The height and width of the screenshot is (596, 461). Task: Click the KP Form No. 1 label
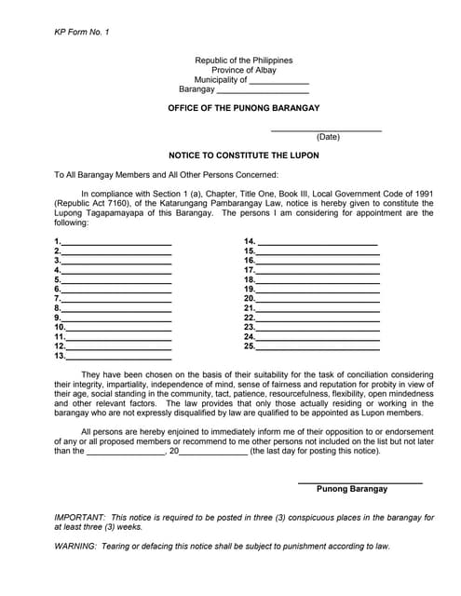(x=82, y=33)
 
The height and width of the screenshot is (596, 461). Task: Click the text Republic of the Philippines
(x=243, y=61)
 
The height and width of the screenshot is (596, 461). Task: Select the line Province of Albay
(x=243, y=71)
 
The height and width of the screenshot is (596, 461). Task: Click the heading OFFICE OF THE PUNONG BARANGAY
(x=243, y=109)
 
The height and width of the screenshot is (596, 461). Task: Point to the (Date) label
(x=328, y=138)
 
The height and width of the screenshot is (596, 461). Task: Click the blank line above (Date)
(x=326, y=129)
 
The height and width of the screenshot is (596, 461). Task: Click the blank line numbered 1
(x=116, y=242)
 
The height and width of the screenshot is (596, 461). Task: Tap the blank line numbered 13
(x=118, y=357)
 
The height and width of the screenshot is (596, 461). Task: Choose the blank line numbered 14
(x=318, y=242)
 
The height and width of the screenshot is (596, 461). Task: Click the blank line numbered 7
(x=116, y=299)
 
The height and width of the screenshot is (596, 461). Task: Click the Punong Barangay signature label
(x=352, y=489)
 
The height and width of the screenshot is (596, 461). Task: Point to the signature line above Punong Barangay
(x=359, y=481)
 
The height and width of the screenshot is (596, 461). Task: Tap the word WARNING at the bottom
(x=75, y=547)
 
